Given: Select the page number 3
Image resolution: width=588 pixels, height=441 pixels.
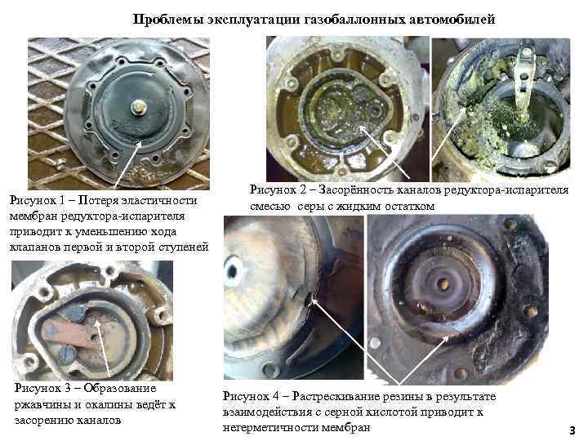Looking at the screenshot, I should tap(572, 430).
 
